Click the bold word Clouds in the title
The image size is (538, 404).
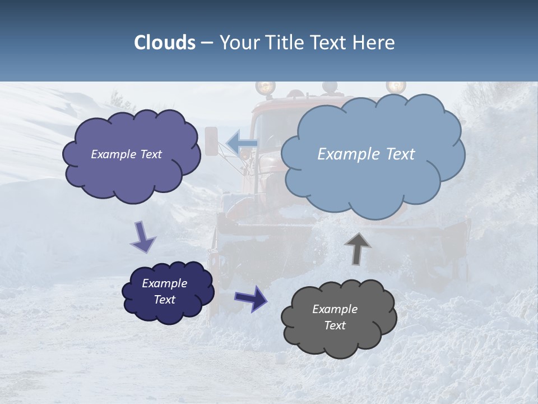tap(165, 43)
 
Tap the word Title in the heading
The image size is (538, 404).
tap(284, 43)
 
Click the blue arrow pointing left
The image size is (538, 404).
tap(243, 143)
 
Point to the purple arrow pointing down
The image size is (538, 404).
tap(142, 236)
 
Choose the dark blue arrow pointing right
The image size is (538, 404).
tap(252, 298)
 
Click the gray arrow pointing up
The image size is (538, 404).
tap(358, 249)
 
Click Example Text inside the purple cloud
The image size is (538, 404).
tap(126, 154)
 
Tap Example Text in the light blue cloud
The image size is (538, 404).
tap(366, 154)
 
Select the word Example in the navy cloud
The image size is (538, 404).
tap(164, 283)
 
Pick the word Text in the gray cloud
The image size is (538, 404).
tap(335, 325)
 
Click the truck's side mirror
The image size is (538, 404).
tap(211, 141)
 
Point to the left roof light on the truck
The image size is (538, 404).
tap(265, 88)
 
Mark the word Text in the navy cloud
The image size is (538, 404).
tap(164, 300)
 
